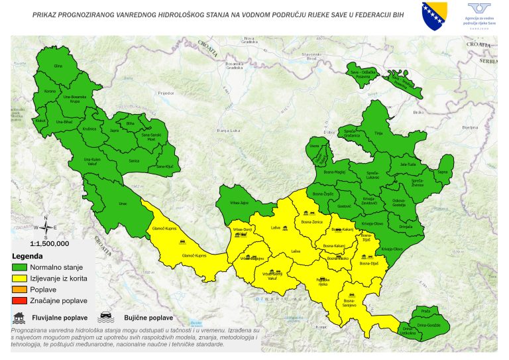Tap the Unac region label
123,204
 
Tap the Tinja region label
379,133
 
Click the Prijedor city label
165,93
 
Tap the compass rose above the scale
46,227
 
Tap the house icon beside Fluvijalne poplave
20,317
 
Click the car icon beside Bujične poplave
105,317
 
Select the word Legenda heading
27,256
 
